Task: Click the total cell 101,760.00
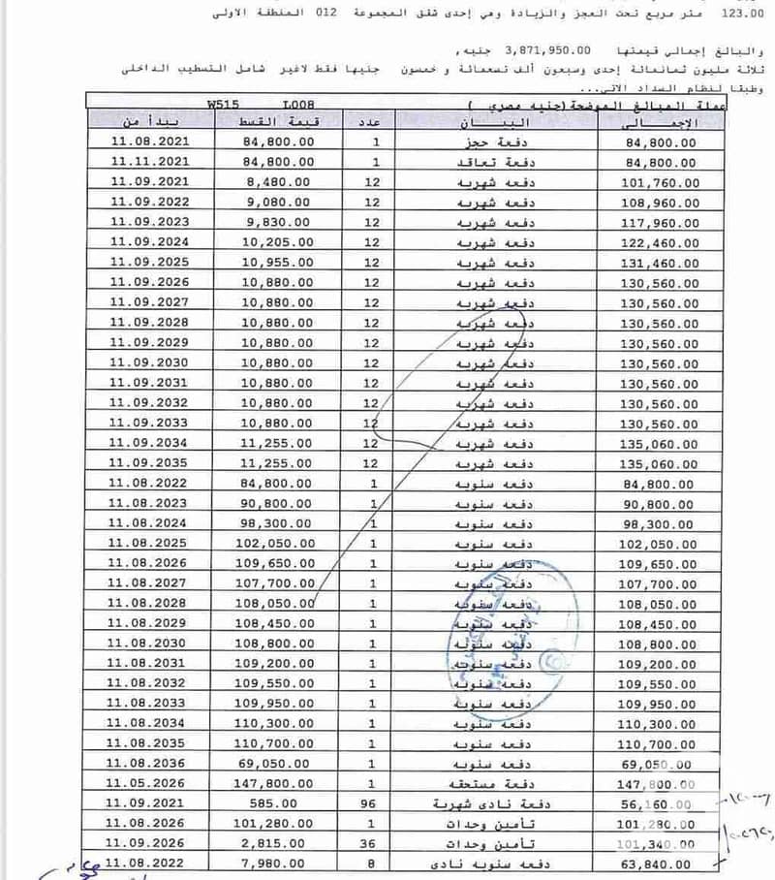click(664, 181)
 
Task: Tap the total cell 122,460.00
click(664, 242)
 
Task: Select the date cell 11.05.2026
click(149, 783)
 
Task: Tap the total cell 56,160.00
click(664, 803)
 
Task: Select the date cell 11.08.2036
click(149, 763)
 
